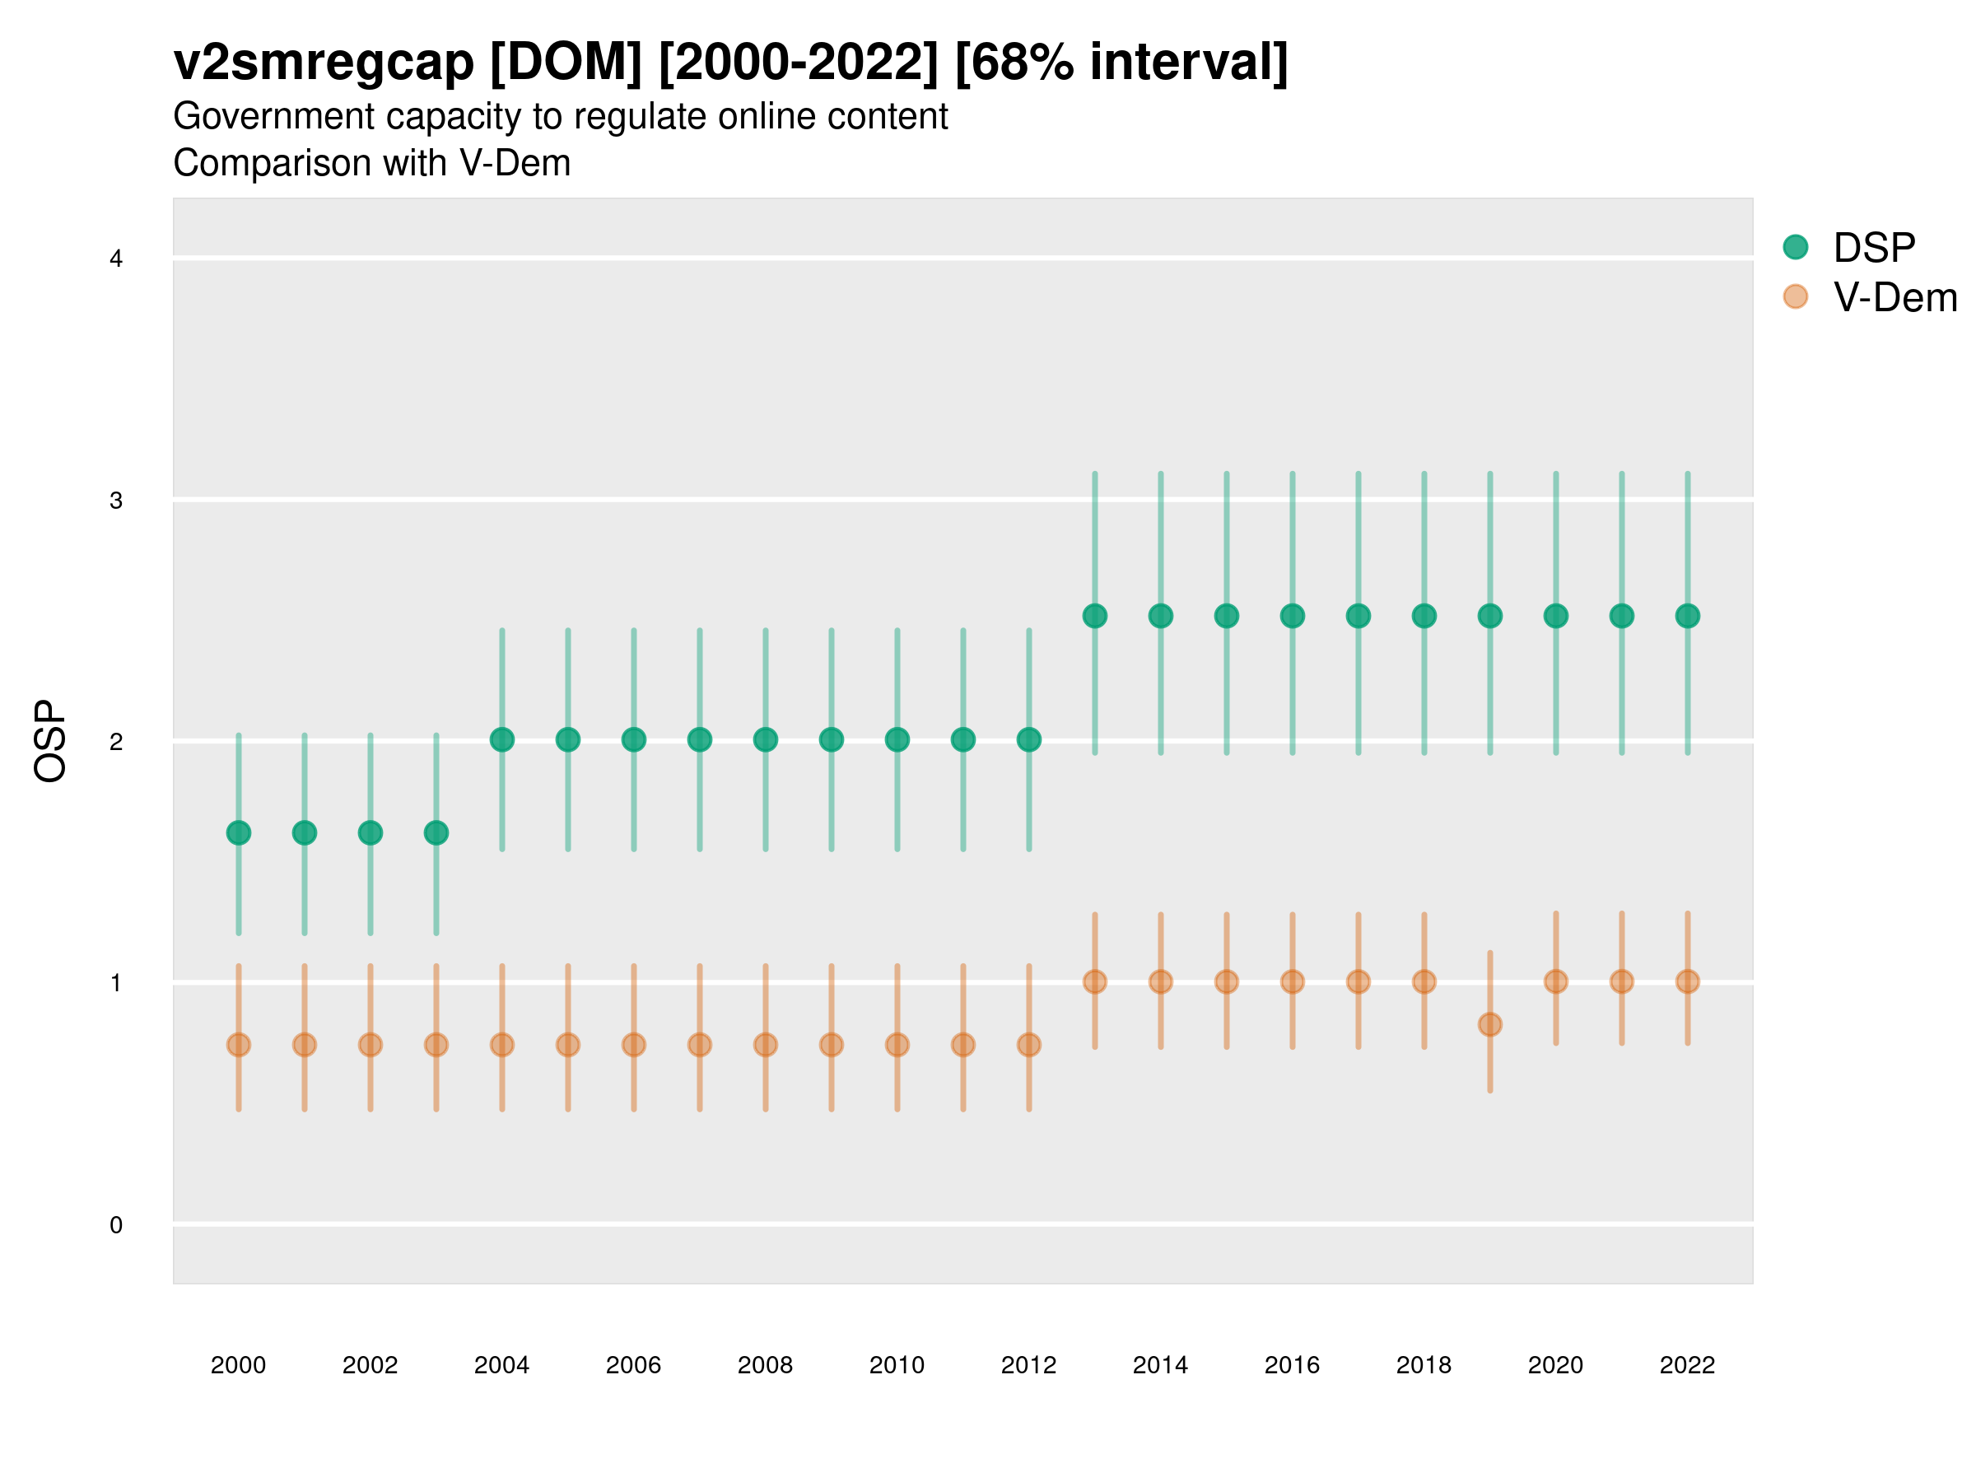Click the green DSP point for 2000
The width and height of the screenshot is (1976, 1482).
(239, 832)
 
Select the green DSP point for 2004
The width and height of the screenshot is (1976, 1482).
(502, 739)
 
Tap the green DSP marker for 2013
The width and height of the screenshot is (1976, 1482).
(1094, 616)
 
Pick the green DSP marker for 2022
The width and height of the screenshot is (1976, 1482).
(1688, 616)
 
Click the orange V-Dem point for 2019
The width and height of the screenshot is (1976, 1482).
(1490, 1024)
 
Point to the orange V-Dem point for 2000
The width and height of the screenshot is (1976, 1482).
(239, 1044)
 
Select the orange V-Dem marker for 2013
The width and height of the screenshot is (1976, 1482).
(1094, 981)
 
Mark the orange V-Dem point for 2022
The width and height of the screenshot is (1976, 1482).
(1688, 981)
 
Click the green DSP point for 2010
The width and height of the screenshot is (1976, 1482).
(897, 739)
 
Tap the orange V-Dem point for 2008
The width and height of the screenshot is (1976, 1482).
(766, 1044)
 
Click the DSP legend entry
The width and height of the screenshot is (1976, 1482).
(1873, 248)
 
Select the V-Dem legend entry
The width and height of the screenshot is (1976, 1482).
(1894, 297)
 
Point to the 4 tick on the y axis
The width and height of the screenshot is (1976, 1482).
(116, 259)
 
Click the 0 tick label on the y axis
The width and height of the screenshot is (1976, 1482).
(116, 1225)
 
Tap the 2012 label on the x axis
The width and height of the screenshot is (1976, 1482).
(1028, 1365)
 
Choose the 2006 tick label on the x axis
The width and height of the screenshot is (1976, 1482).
(633, 1365)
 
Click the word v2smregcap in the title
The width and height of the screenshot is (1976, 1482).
(324, 63)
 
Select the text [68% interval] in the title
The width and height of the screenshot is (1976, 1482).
(1121, 63)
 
